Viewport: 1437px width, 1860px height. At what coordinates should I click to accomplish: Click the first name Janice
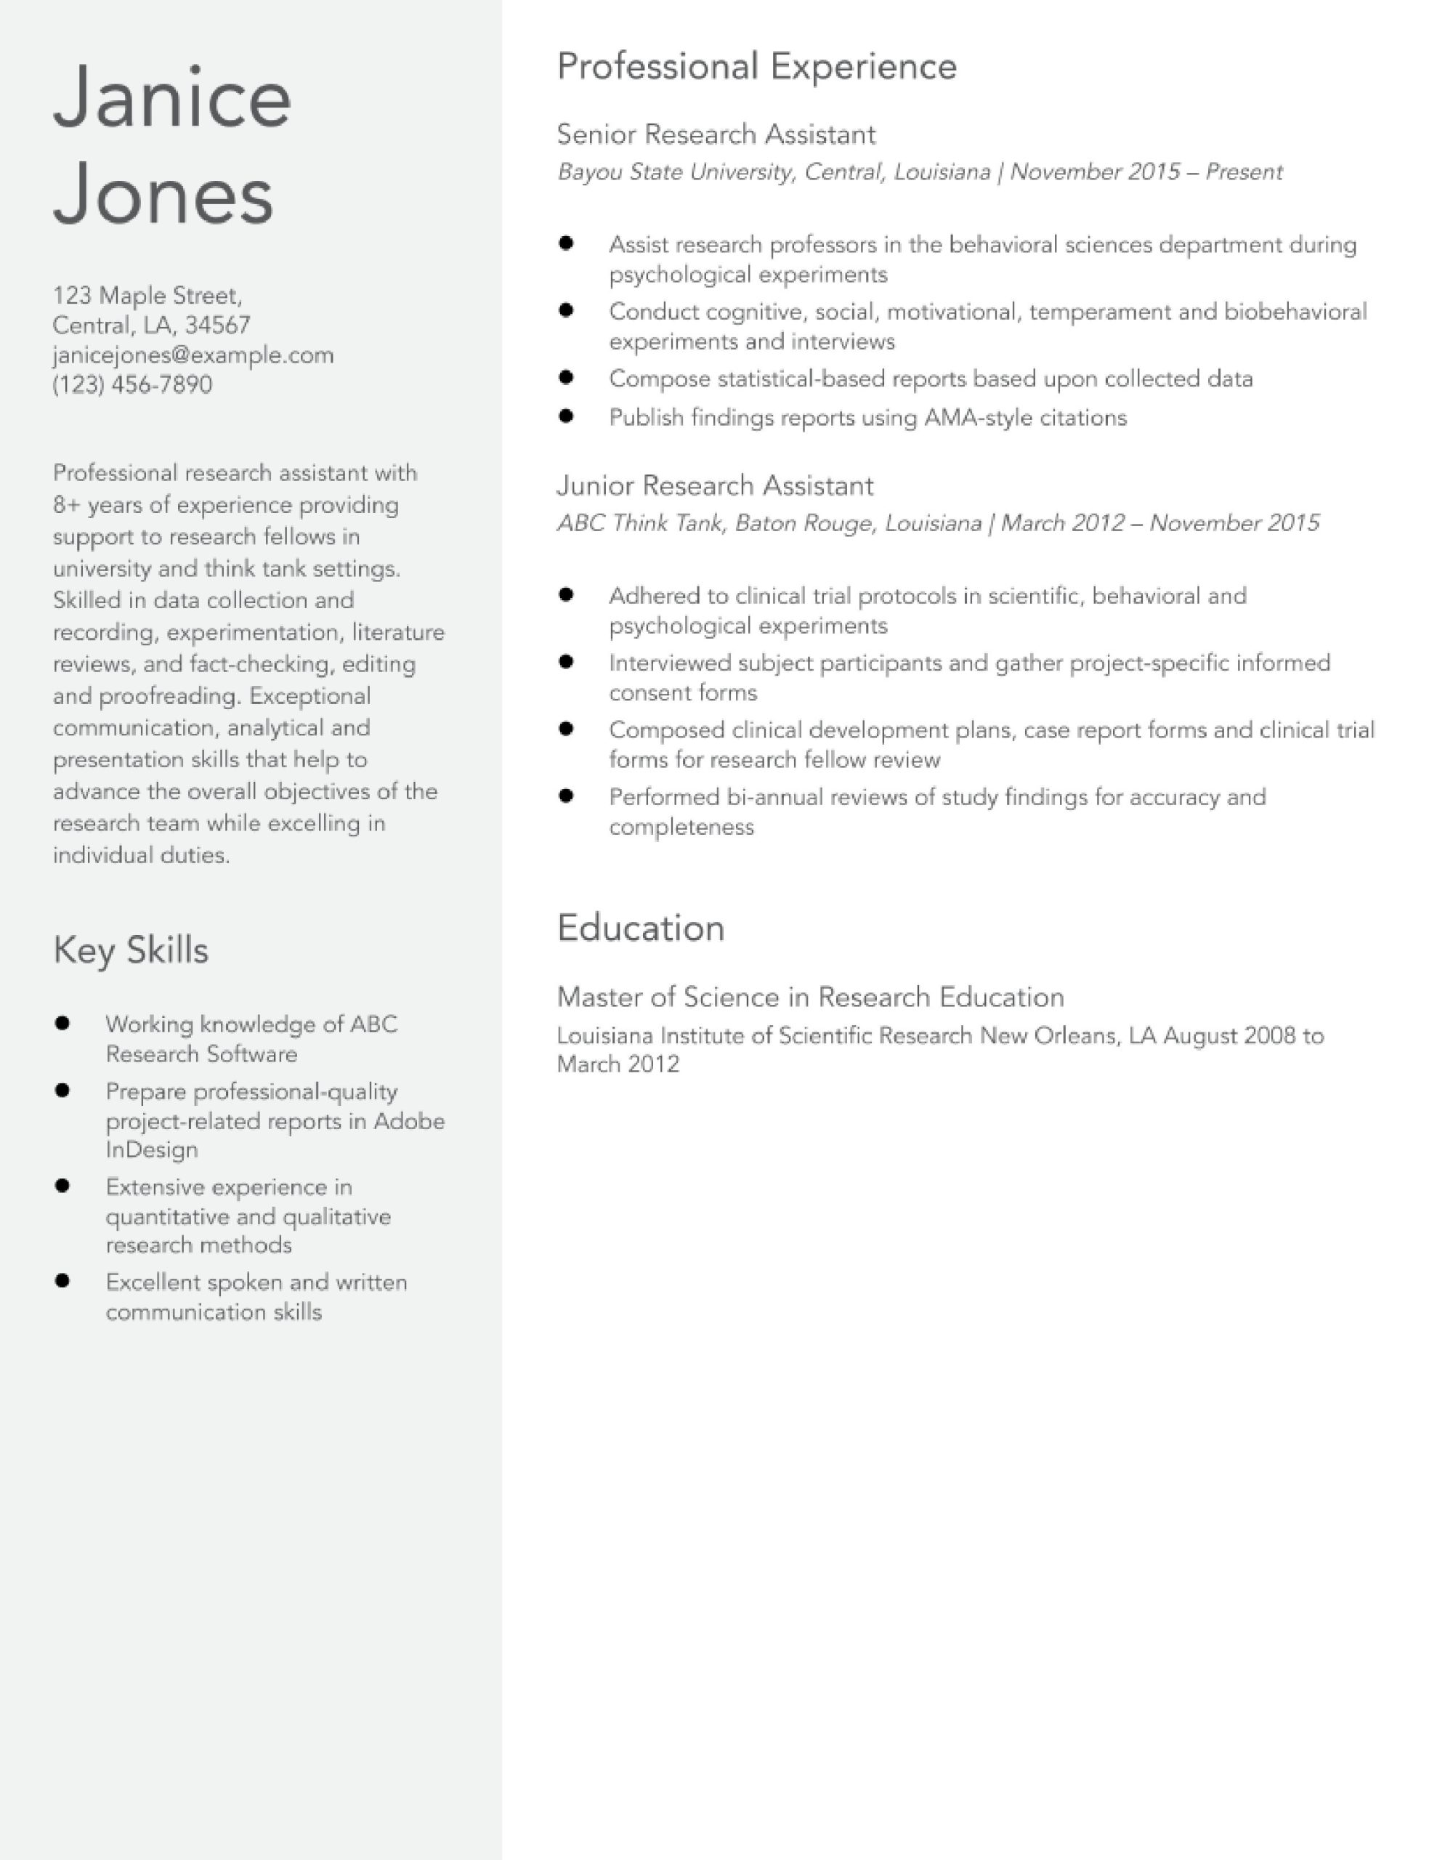pyautogui.click(x=172, y=98)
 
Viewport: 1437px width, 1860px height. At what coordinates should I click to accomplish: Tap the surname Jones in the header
pyautogui.click(x=163, y=195)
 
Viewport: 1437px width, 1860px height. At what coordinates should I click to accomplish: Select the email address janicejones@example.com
pyautogui.click(x=193, y=355)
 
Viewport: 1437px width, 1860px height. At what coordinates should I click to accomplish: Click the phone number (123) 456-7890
pyautogui.click(x=132, y=384)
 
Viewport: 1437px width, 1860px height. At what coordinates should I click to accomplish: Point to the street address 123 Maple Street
pyautogui.click(x=147, y=296)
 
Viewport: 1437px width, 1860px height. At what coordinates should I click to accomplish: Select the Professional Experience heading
pyautogui.click(x=756, y=66)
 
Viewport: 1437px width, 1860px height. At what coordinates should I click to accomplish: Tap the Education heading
pyautogui.click(x=641, y=927)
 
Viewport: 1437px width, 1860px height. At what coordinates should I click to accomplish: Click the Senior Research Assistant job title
pyautogui.click(x=716, y=134)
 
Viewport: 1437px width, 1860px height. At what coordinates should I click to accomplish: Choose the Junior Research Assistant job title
pyautogui.click(x=715, y=485)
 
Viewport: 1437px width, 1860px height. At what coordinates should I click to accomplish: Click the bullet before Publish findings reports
pyautogui.click(x=567, y=416)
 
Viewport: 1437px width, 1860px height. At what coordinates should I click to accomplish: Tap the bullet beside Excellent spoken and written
pyautogui.click(x=62, y=1280)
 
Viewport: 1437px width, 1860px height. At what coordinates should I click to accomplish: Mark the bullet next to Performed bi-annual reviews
pyautogui.click(x=567, y=796)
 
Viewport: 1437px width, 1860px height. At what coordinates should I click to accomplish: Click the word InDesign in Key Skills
pyautogui.click(x=152, y=1149)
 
